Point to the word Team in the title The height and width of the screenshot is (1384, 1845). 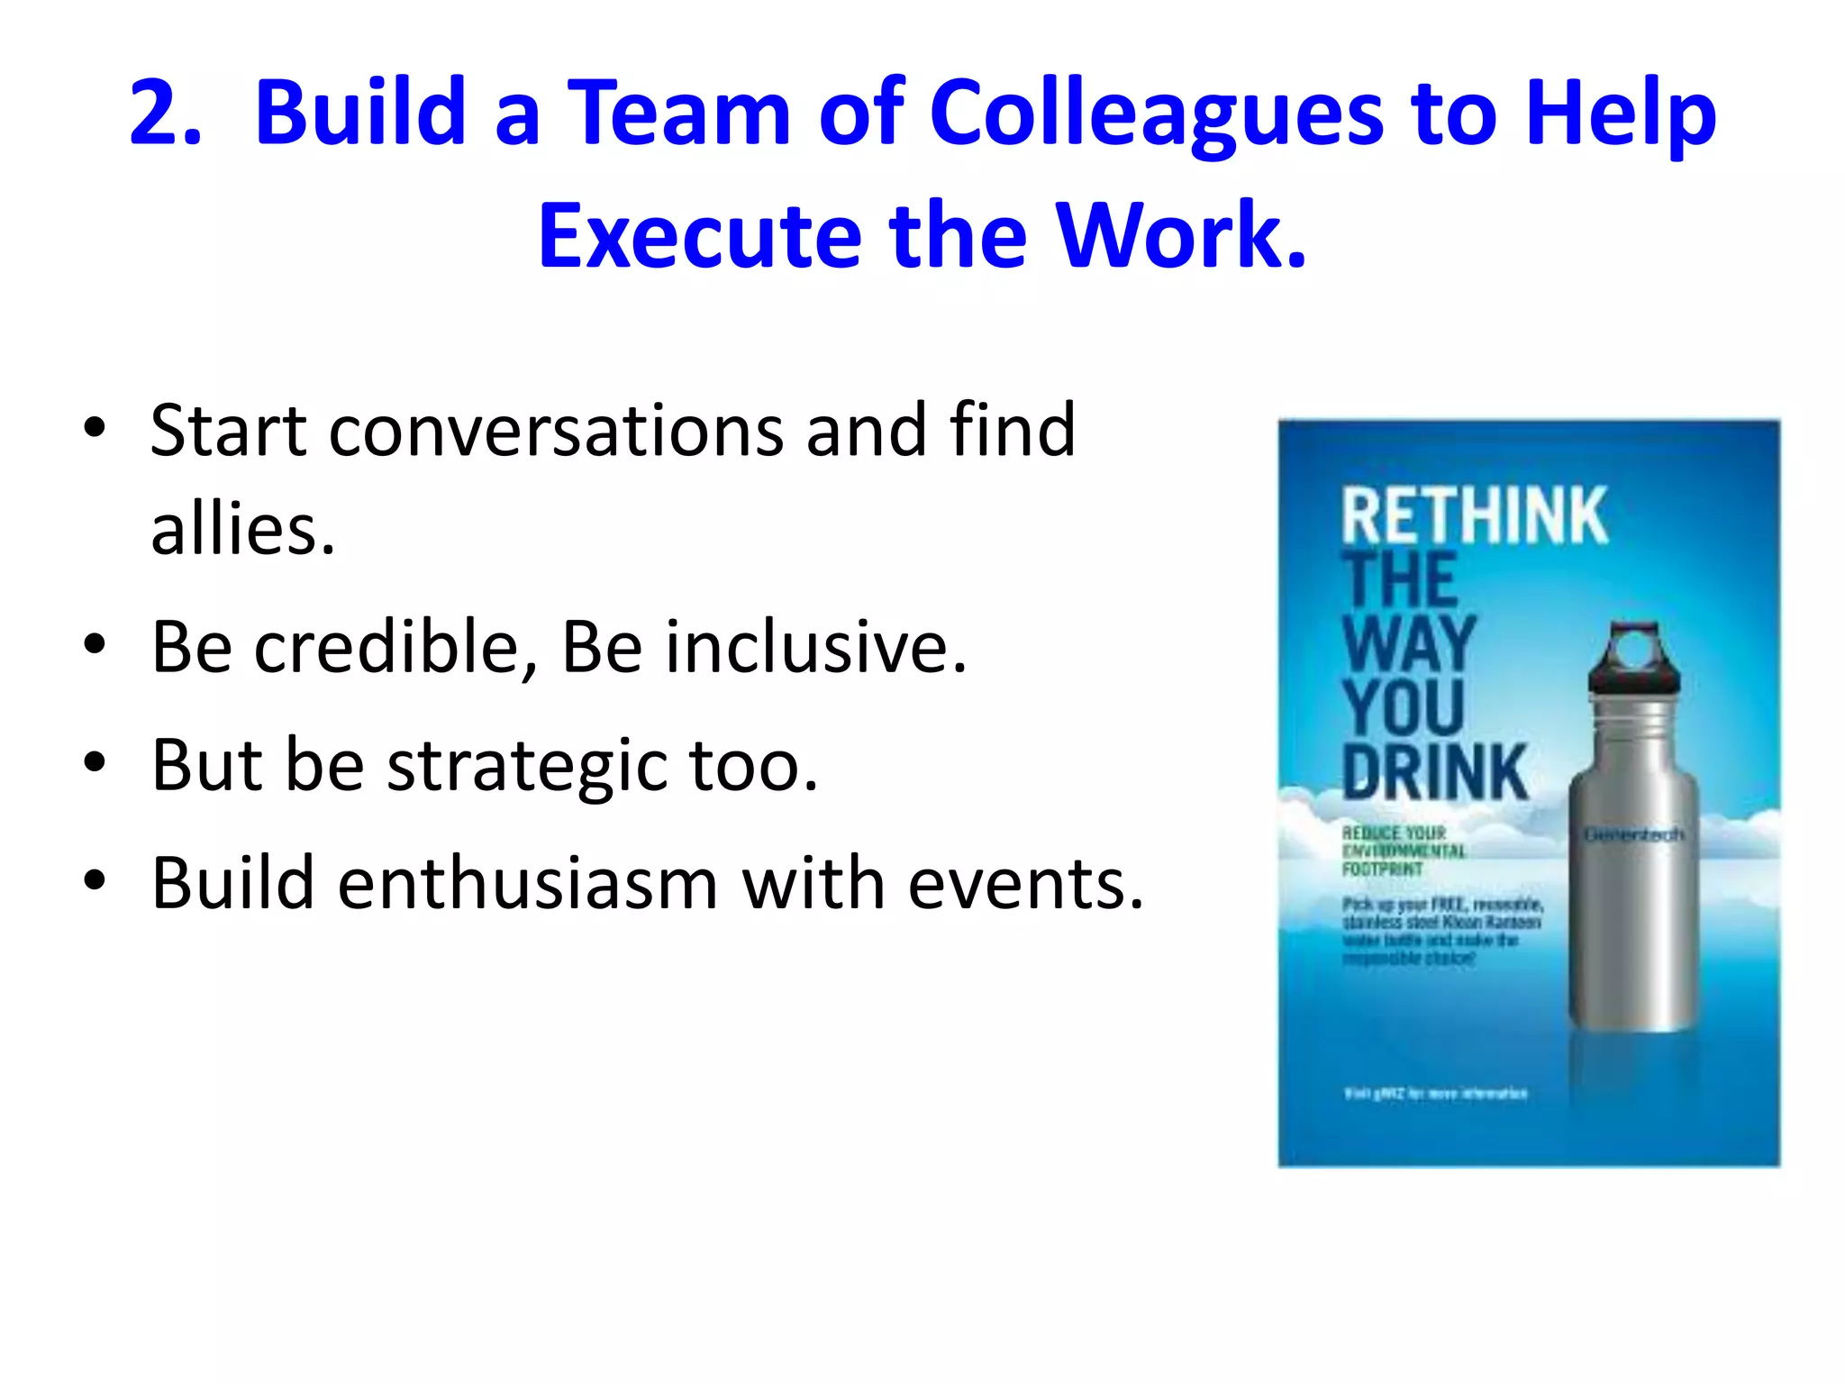pyautogui.click(x=678, y=113)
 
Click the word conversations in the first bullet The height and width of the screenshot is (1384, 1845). pyautogui.click(x=556, y=431)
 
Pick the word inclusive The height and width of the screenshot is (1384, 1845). pyautogui.click(x=808, y=647)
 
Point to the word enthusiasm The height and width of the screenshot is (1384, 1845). pyautogui.click(x=528, y=884)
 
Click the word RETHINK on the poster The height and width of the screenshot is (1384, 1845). pyautogui.click(x=1474, y=515)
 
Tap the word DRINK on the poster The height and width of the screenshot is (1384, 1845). pyautogui.click(x=1435, y=772)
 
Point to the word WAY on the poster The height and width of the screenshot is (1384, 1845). pyautogui.click(x=1408, y=643)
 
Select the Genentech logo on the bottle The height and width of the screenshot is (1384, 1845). pyautogui.click(x=1633, y=835)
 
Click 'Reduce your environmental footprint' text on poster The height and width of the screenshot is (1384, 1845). pyautogui.click(x=1403, y=851)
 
